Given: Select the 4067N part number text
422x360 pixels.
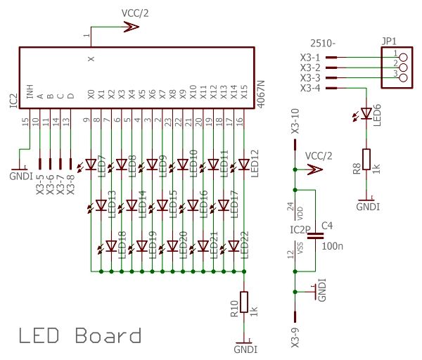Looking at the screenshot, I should click(x=261, y=92).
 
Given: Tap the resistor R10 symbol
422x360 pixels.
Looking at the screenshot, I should click(x=244, y=302).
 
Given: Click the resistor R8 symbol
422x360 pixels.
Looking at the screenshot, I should click(x=366, y=160).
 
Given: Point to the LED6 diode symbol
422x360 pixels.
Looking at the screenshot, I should click(x=366, y=113).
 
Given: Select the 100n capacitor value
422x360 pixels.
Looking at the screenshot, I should click(x=331, y=247).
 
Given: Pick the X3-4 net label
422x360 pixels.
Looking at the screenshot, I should click(x=310, y=88).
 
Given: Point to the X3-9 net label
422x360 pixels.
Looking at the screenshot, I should click(x=294, y=337).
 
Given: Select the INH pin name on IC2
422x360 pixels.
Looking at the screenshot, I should click(x=30, y=92).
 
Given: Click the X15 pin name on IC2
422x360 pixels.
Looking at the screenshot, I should click(x=244, y=92).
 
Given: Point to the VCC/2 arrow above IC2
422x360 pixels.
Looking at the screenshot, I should click(x=130, y=27).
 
